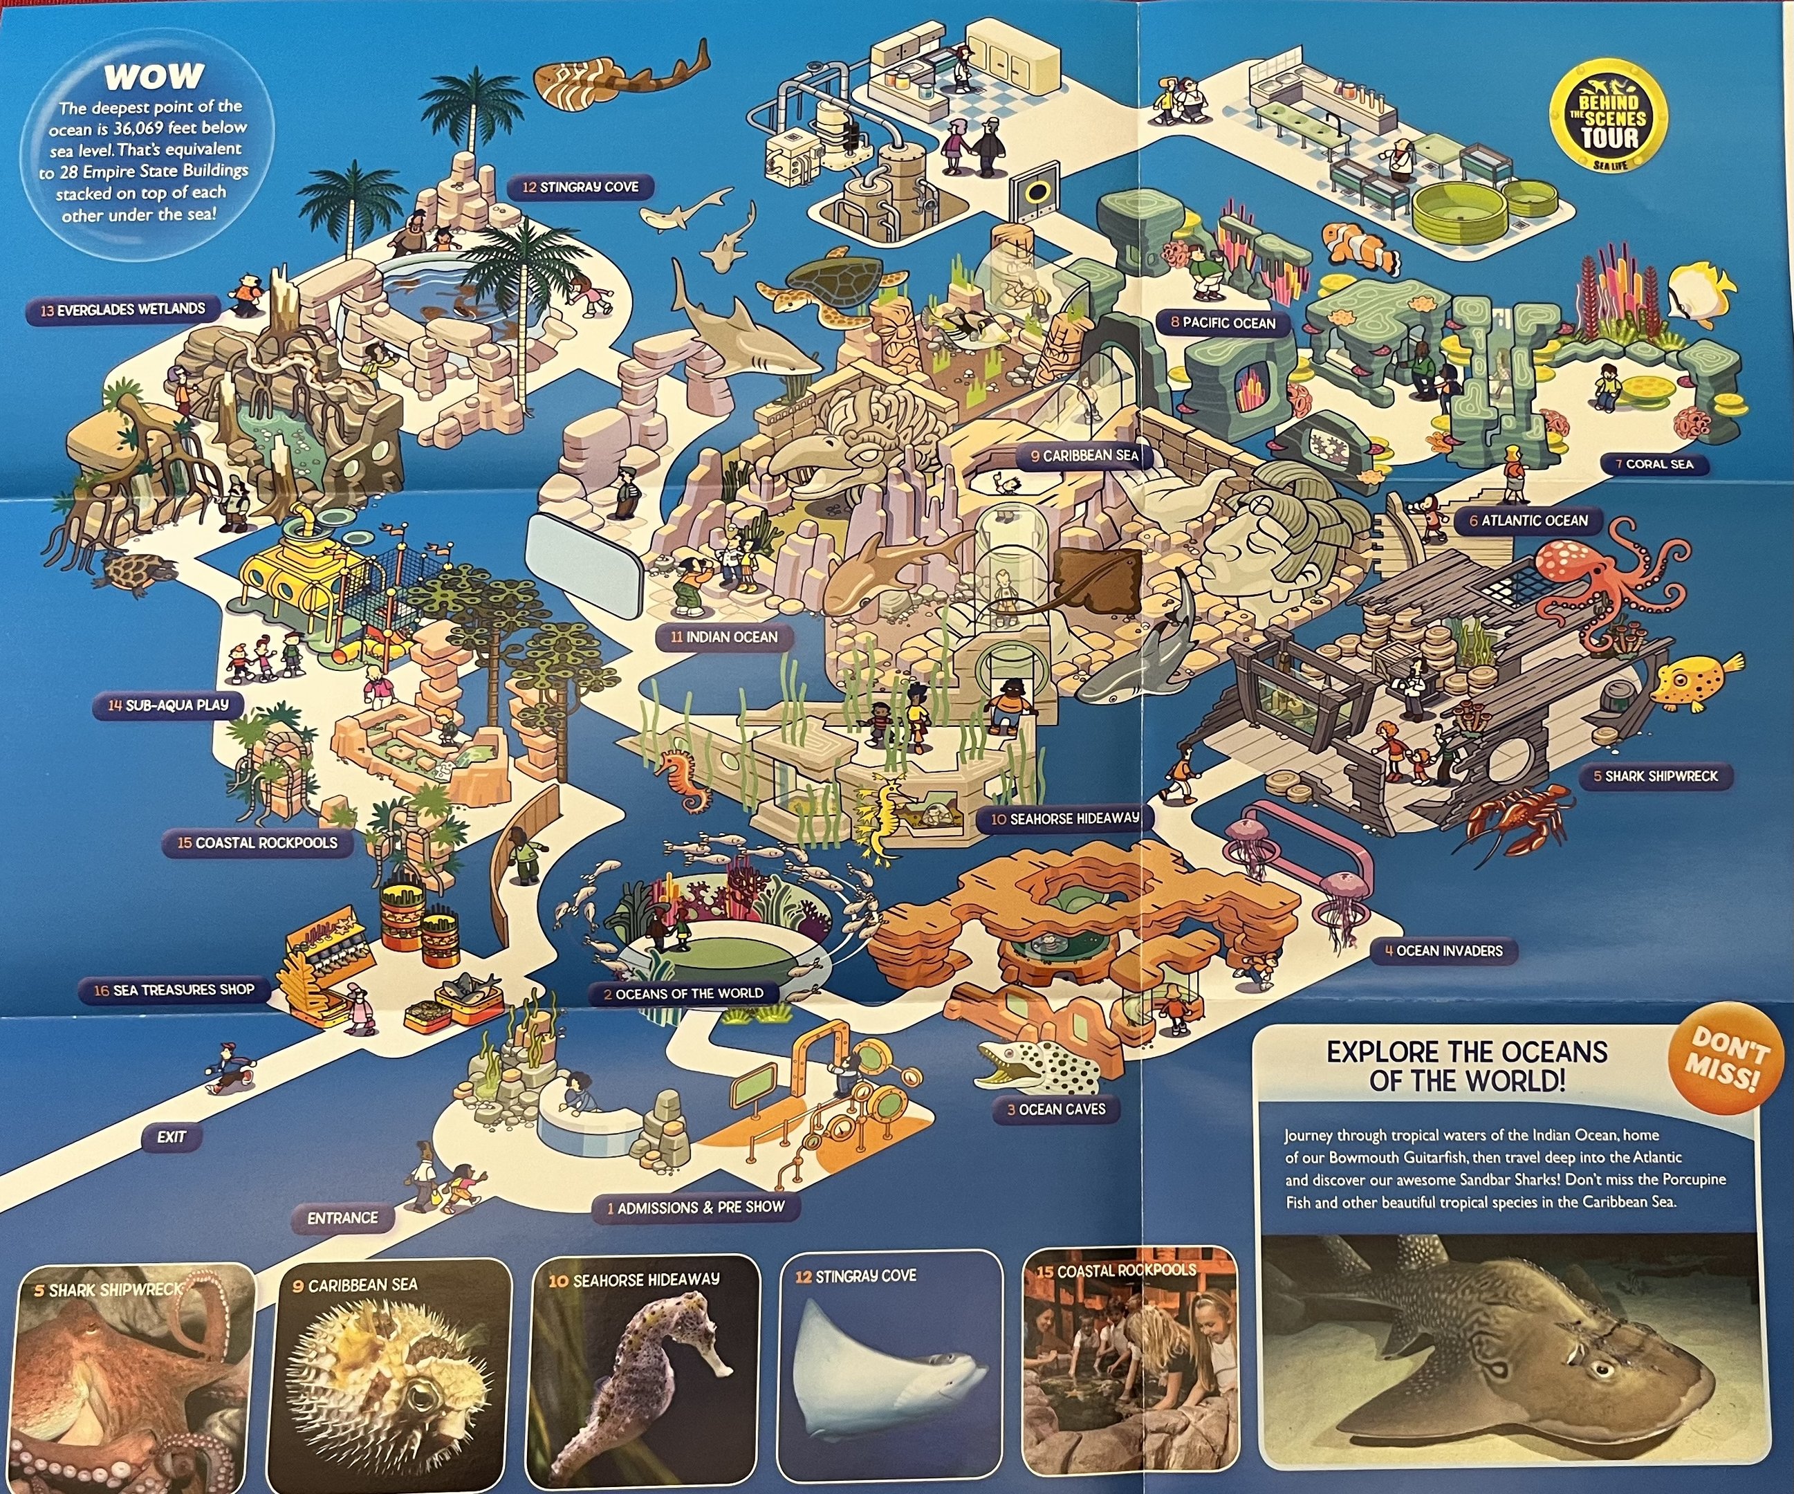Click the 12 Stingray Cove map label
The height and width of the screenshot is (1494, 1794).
pos(581,187)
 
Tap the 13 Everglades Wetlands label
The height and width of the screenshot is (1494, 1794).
pos(123,309)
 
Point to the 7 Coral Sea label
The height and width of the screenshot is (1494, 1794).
pos(1652,465)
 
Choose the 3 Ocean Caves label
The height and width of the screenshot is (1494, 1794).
pos(1056,1109)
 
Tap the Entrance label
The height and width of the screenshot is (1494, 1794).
pos(342,1218)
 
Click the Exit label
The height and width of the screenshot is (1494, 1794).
pos(171,1137)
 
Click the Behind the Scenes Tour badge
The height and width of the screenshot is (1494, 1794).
pos(1608,120)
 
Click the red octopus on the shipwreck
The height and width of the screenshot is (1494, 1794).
pos(1598,581)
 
